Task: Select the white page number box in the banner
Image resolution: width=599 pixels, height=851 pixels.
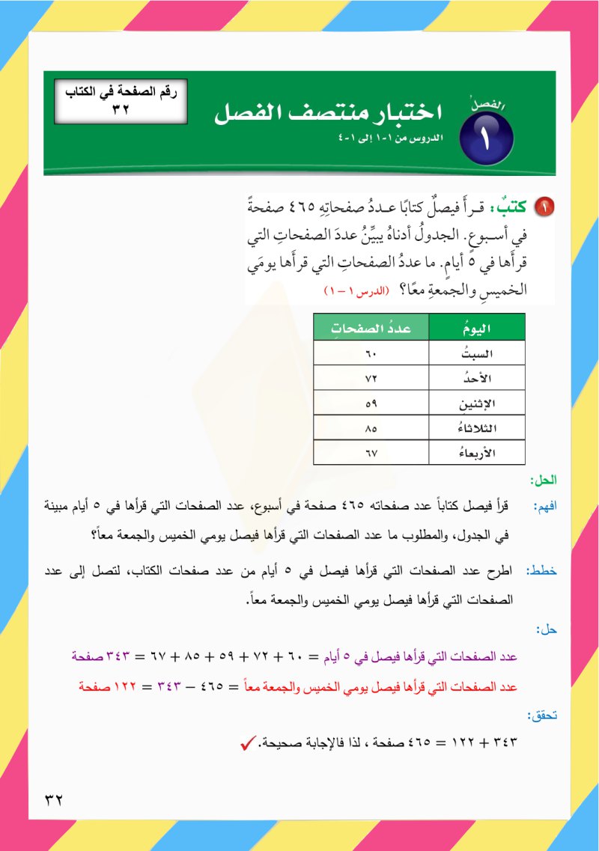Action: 120,102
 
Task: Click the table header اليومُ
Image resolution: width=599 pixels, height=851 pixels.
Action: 478,327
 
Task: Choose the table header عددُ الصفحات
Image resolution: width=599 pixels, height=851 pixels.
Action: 371,327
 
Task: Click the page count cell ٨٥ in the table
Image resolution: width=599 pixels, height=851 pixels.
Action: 371,429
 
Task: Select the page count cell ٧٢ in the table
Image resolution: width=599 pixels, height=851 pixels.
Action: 371,378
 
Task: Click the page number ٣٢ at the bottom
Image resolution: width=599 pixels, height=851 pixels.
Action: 53,798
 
